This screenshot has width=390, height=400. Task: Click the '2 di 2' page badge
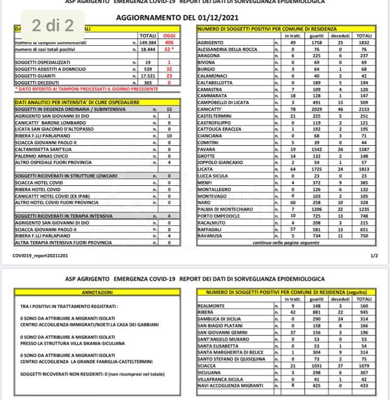point(53,25)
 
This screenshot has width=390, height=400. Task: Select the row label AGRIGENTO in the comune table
point(211,42)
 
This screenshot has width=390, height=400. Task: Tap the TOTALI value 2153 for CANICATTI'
point(363,109)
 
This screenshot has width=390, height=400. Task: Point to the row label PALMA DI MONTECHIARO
point(225,209)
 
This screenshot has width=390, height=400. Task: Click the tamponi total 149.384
point(148,42)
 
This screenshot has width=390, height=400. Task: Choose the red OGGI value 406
point(169,42)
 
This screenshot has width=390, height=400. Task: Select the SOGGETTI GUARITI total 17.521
point(148,76)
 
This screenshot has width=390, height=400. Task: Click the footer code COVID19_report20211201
point(40,256)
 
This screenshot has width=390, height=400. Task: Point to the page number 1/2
point(373,256)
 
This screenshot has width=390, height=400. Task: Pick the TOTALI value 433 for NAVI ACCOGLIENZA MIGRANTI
point(363,386)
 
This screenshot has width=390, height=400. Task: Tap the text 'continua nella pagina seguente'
point(285,243)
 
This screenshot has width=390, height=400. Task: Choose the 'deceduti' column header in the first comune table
point(340,35)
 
